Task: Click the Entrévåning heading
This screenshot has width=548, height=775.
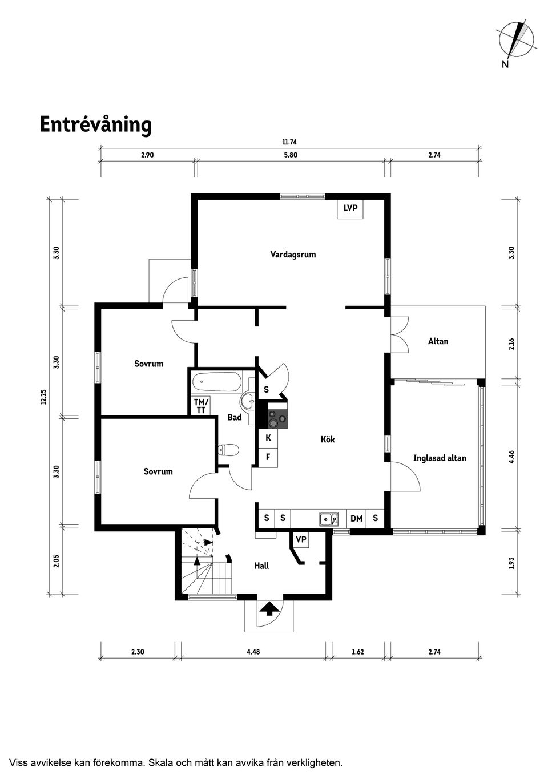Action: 96,125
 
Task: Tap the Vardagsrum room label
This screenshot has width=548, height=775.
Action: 293,255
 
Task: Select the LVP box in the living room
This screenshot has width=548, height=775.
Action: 350,209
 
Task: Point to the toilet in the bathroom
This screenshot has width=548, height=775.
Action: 229,450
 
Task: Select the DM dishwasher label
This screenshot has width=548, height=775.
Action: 356,519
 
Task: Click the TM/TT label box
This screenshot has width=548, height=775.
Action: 201,406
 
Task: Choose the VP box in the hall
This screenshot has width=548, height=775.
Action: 301,539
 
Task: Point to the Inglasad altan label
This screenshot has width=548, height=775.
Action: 440,458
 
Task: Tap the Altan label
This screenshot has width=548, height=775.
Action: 438,341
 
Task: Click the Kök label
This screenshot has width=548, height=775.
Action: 328,439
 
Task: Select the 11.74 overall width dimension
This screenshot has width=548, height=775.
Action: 290,142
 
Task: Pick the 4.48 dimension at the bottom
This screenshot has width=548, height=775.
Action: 253,652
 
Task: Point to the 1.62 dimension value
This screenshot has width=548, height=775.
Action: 358,652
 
